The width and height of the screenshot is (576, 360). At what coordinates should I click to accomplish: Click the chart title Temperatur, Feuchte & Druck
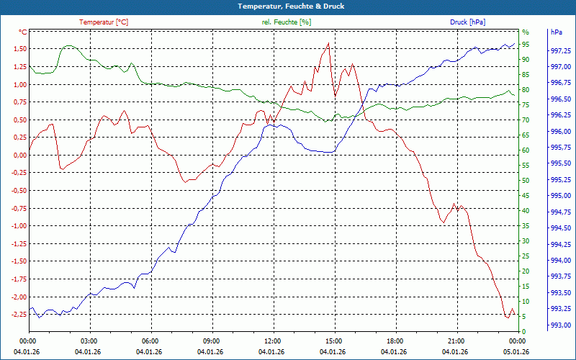[288, 6]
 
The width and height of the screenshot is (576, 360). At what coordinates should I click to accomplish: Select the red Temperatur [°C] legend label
[104, 22]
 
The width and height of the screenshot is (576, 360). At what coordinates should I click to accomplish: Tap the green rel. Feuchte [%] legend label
[287, 22]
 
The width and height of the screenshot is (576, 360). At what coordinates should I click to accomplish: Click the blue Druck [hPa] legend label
[467, 22]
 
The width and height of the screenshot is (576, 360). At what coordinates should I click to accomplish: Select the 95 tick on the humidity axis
[526, 44]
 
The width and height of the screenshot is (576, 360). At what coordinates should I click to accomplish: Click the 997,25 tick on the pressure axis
[561, 50]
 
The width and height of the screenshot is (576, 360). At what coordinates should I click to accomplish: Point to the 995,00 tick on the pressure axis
[561, 196]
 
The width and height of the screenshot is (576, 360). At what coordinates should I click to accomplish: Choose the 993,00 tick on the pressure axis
[561, 325]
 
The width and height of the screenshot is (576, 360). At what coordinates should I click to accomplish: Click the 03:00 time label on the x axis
[89, 341]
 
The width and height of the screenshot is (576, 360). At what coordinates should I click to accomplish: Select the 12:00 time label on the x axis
[272, 341]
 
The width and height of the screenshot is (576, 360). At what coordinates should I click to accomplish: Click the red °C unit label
[23, 32]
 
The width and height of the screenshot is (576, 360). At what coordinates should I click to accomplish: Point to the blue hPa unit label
[557, 32]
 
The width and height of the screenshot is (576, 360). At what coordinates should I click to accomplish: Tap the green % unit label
[525, 32]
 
